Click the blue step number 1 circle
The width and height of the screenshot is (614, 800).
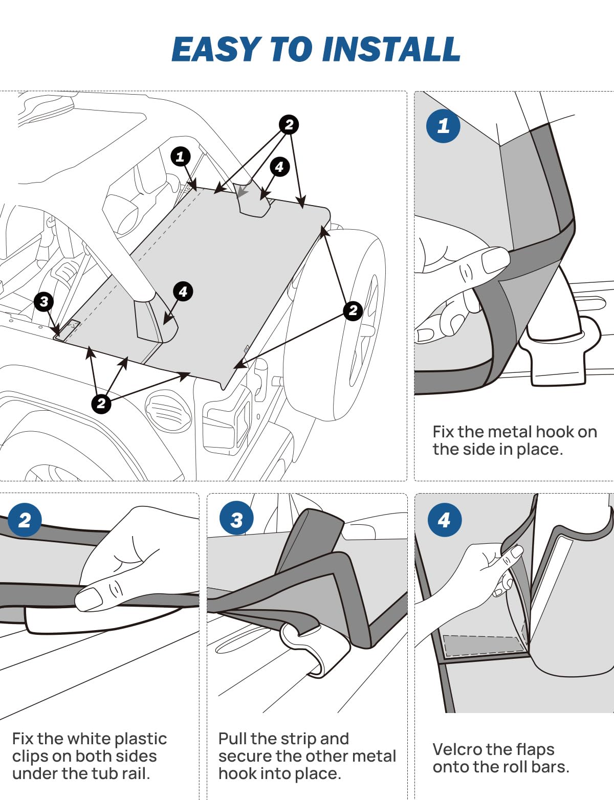443,125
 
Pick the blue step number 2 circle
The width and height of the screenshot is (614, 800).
25,520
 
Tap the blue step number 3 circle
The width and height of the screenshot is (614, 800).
236,520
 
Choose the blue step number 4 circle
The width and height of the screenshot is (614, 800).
444,520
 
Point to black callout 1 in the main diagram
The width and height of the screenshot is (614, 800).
180,156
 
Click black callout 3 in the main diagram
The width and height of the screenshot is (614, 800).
44,301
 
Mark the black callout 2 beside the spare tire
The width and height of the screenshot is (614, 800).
353,310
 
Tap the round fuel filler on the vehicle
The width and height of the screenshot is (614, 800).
165,409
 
